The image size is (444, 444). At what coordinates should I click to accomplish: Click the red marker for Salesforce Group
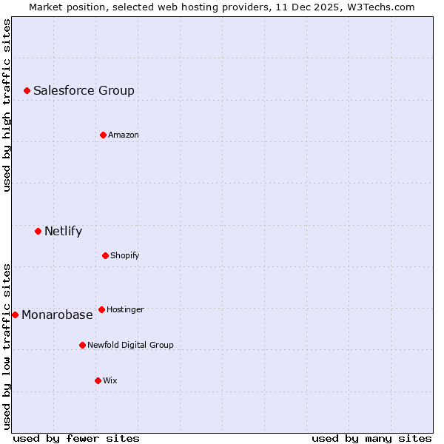27,90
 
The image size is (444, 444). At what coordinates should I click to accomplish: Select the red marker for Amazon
103,135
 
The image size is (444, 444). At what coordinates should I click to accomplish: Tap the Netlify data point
38,231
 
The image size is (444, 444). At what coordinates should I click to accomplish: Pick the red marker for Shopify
105,255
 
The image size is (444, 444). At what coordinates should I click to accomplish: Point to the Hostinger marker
101,309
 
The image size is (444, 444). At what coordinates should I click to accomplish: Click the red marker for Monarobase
15,314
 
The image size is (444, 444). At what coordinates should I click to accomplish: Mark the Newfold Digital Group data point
82,345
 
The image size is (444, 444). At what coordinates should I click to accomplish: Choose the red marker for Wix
98,380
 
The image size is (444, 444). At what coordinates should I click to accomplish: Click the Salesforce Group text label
84,90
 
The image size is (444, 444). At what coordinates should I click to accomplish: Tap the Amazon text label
124,135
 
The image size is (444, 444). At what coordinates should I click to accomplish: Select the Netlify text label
63,231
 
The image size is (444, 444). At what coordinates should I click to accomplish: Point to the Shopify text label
125,255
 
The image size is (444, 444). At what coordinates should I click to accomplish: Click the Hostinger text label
125,309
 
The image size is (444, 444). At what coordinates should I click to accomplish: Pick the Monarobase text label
57,314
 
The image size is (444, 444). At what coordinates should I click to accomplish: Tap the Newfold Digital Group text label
130,345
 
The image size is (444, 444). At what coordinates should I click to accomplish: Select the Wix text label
110,380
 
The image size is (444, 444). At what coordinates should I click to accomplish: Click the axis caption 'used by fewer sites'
76,438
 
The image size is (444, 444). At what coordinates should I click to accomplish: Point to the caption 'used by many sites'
371,438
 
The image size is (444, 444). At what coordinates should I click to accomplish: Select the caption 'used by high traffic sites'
7,105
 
